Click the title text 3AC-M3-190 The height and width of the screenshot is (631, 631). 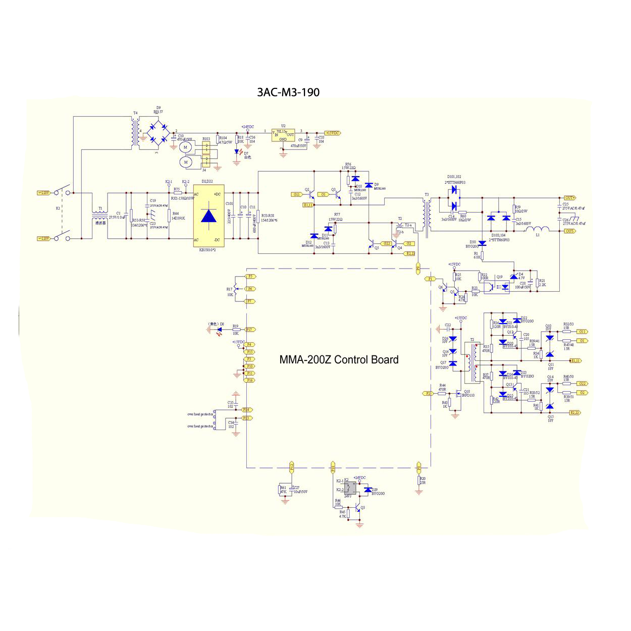288,92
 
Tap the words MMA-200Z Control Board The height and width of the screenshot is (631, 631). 339,360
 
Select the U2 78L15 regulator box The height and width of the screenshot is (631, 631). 283,135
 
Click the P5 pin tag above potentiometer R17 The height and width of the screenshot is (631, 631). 250,277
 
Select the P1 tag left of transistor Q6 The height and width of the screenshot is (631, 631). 431,279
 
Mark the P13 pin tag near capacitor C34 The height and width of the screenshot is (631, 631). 247,418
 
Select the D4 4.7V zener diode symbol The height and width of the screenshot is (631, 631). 514,277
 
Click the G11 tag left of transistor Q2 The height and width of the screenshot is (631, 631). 297,194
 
